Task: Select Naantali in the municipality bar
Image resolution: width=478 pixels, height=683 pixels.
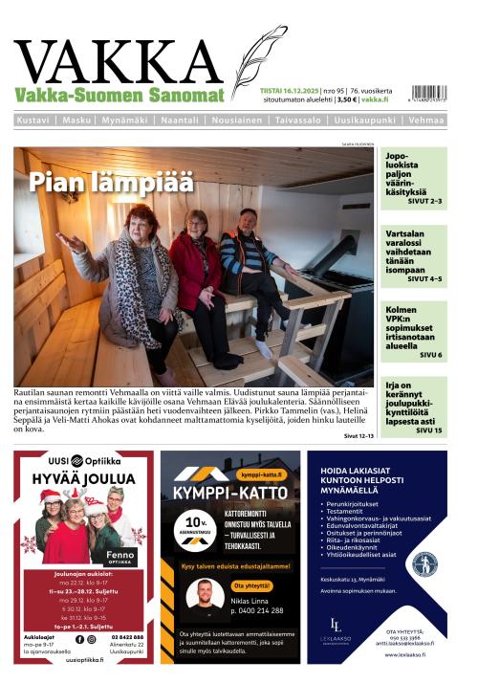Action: [179, 121]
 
